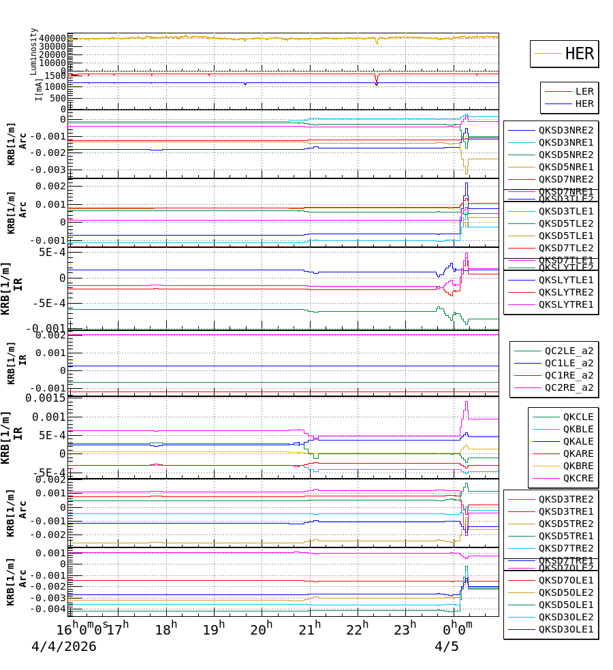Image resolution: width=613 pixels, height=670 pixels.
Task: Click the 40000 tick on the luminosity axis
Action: [x=52, y=38]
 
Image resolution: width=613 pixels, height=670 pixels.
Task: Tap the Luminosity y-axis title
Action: [x=34, y=51]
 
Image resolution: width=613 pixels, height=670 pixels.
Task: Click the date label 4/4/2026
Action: [x=64, y=647]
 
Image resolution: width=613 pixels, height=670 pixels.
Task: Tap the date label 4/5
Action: [x=447, y=647]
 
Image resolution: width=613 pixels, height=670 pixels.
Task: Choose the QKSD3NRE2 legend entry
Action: [x=565, y=130]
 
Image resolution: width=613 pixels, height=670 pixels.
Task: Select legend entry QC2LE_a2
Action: [x=569, y=351]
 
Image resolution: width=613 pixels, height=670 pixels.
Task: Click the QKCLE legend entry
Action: [x=578, y=417]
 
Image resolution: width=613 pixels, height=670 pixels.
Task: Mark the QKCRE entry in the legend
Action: [x=578, y=478]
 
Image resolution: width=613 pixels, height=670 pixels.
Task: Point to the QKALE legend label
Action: [x=578, y=441]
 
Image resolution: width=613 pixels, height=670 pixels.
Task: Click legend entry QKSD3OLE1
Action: [x=565, y=629]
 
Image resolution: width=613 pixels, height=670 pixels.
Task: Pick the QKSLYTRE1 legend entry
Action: [x=565, y=304]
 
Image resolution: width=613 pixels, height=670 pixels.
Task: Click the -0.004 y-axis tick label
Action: [x=47, y=609]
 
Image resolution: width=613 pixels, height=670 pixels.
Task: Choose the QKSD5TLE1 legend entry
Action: [x=565, y=236]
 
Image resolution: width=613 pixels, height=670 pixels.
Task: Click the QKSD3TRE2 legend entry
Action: [x=565, y=499]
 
